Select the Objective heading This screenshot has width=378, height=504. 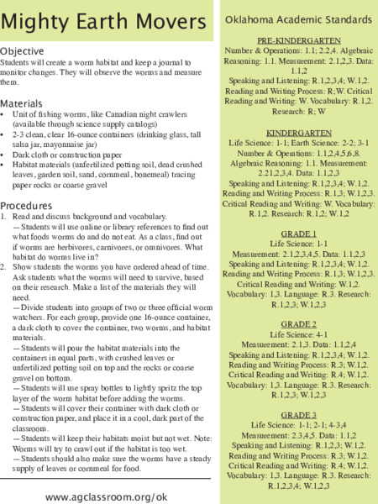point(28,51)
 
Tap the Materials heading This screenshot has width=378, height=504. point(28,103)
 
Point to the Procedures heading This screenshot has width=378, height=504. point(32,205)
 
